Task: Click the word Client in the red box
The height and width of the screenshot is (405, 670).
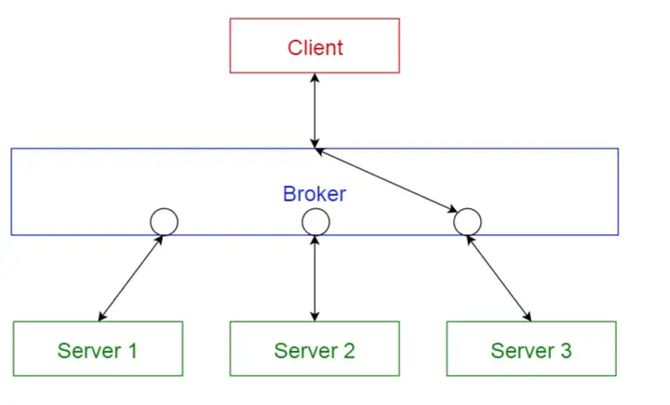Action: coord(315,47)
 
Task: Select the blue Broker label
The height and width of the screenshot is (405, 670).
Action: coord(315,194)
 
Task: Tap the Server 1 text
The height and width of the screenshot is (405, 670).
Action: coord(98,351)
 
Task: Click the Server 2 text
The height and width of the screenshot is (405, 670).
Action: coord(315,351)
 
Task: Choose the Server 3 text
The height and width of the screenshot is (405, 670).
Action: coord(531,351)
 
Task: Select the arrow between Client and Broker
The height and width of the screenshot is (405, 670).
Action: coord(315,111)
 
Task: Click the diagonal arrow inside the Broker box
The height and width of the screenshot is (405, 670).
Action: coord(386,180)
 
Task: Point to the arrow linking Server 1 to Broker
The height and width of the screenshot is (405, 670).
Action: coord(131,278)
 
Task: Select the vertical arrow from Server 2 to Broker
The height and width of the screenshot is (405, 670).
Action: coord(315,278)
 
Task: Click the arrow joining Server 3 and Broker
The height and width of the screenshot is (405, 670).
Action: coord(499,278)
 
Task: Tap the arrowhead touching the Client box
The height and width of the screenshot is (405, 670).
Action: coord(315,78)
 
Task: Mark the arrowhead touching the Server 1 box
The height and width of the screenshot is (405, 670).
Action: coord(101,317)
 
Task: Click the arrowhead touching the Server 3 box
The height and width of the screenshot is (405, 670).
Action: coord(529,317)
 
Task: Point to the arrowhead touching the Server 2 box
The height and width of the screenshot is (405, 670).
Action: coord(315,317)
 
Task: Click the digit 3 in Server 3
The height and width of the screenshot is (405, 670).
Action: coord(566,351)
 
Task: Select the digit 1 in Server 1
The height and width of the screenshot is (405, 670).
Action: coord(132,351)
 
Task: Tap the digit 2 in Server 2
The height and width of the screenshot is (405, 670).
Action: coord(349,351)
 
